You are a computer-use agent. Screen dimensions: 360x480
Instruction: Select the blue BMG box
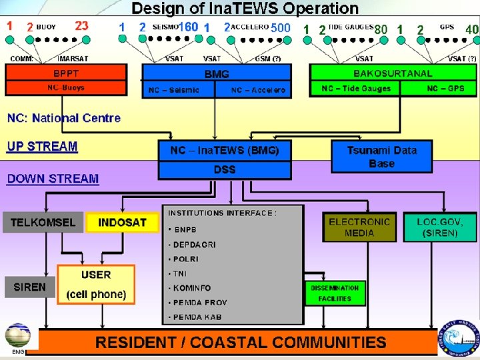tap(217, 74)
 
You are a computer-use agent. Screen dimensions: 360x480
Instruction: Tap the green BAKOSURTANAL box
tap(393, 73)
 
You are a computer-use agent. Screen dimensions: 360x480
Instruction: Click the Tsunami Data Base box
tap(381, 157)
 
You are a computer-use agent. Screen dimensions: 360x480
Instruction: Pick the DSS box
tap(225, 170)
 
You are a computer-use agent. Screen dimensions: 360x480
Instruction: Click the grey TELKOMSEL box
tap(43, 222)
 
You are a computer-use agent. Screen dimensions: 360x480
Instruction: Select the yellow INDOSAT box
tap(122, 222)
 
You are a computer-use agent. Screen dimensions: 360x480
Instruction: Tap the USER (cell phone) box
tap(96, 285)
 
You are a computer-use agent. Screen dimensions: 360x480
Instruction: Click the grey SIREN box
tap(30, 287)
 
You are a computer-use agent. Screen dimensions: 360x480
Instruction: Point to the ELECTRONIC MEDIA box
tap(359, 227)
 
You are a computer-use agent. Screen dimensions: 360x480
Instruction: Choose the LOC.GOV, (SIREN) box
tap(439, 227)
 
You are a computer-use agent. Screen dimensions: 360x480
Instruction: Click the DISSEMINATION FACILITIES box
tap(335, 293)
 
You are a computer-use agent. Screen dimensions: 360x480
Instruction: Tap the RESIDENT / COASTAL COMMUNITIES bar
tap(241, 343)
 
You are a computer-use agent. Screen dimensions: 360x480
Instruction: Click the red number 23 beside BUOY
tap(81, 26)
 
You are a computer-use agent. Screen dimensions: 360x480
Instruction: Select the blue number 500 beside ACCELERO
tap(281, 27)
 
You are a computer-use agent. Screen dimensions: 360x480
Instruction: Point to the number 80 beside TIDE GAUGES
tap(381, 29)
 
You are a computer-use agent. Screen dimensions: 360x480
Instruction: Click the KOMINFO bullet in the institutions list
tap(192, 288)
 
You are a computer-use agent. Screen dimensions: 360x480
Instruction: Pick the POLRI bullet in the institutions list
tap(186, 259)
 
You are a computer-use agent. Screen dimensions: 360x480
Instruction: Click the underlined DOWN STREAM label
tap(53, 179)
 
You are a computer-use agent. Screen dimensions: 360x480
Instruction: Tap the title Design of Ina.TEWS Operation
tap(245, 9)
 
